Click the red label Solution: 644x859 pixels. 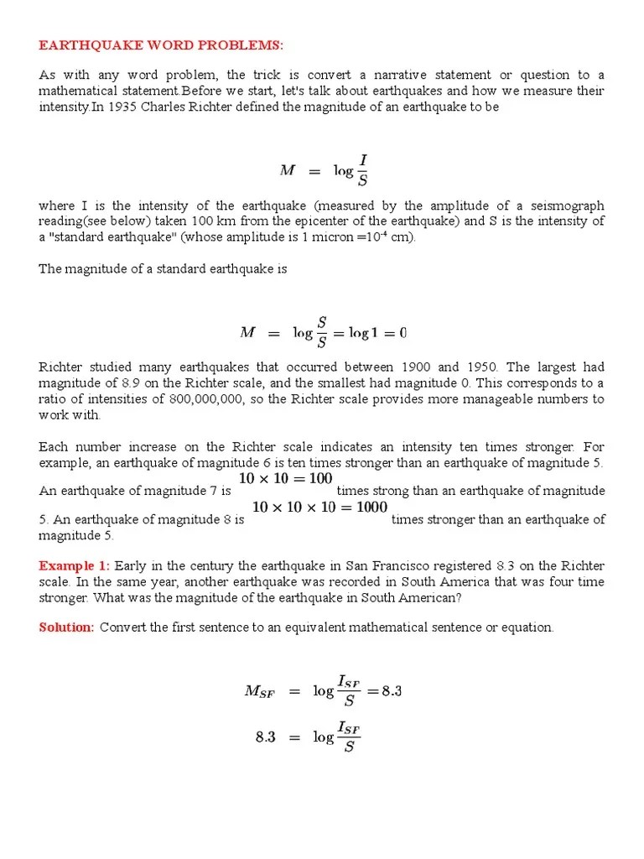66,627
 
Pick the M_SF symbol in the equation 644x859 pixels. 258,692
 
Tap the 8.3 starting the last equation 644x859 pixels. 266,738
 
